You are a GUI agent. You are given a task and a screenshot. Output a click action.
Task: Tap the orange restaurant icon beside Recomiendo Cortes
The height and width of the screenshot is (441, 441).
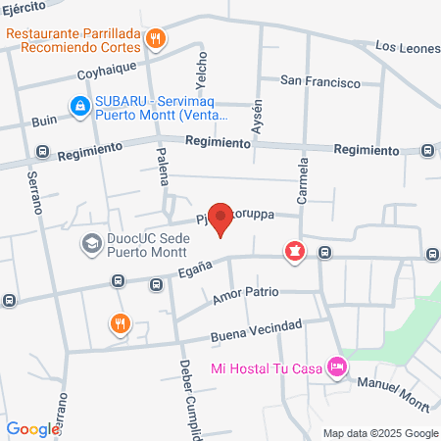coord(155,39)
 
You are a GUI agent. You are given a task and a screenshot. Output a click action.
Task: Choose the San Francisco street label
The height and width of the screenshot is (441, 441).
coord(319,81)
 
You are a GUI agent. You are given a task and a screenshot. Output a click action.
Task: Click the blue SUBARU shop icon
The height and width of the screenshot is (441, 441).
coord(77,104)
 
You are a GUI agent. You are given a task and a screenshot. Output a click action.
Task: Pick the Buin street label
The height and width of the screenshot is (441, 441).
coord(44,122)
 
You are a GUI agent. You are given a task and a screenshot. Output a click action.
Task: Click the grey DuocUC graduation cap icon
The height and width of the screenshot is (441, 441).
coord(91,242)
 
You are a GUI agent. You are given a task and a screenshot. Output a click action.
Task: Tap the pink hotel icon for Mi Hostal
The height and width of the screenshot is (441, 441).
coord(337,367)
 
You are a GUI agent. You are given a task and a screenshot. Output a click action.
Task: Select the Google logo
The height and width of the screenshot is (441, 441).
coord(33,428)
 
